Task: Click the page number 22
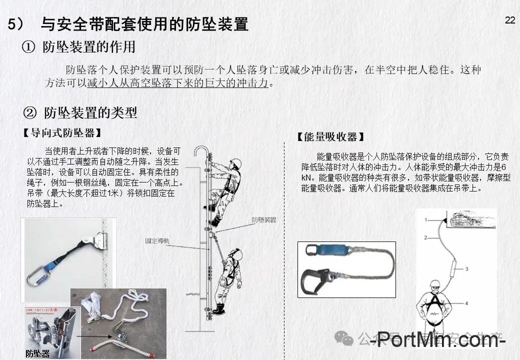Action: click(x=510, y=20)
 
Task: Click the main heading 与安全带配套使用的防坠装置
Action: click(x=144, y=24)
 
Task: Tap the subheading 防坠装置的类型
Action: click(x=90, y=112)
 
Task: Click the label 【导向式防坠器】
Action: click(x=62, y=133)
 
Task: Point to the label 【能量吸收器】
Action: click(x=330, y=136)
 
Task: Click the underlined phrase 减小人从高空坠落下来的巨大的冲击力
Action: click(x=178, y=83)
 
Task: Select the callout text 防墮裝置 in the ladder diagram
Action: click(x=264, y=220)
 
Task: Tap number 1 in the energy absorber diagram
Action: click(x=426, y=219)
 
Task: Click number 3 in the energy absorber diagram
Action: click(x=466, y=268)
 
